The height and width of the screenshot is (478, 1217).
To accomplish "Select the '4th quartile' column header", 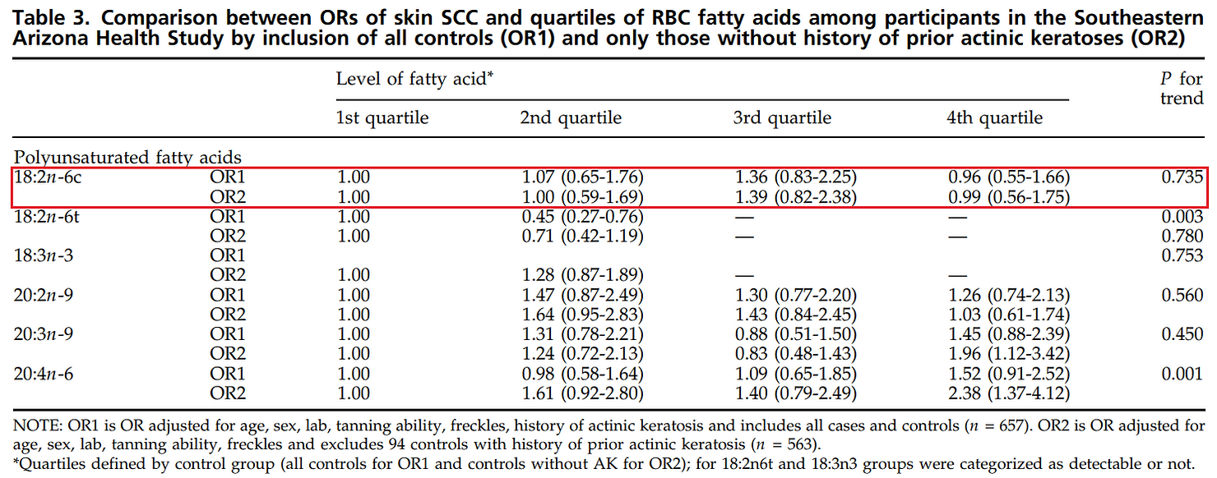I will click(x=994, y=117).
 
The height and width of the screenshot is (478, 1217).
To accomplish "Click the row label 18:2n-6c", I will click(x=48, y=177).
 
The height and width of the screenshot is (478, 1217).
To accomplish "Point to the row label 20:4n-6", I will click(x=44, y=374).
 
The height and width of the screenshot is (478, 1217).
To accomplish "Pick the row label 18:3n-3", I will click(x=44, y=256).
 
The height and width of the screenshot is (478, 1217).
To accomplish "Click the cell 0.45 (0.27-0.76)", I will click(x=581, y=217).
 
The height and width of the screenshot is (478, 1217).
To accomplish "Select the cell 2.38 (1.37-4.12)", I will click(x=1008, y=393).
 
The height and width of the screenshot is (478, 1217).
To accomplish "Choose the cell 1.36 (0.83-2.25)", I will click(x=795, y=177).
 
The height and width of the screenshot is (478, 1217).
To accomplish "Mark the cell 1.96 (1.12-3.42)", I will click(x=1008, y=354).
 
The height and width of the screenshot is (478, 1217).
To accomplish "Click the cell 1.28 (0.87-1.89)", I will click(x=581, y=276).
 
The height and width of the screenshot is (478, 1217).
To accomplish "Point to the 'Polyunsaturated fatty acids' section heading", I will click(x=128, y=157).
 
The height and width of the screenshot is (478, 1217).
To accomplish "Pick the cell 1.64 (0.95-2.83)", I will click(x=581, y=315).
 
